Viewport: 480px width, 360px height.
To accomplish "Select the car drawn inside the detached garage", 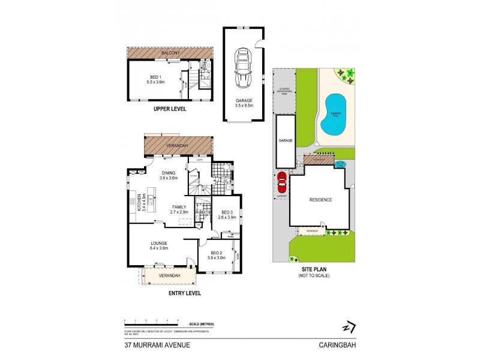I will click(x=244, y=69).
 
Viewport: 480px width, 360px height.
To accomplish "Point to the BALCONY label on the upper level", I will click(x=169, y=53).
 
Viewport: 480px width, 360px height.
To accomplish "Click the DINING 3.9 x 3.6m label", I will click(x=169, y=175).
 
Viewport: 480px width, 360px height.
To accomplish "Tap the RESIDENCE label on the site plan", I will click(x=320, y=199).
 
